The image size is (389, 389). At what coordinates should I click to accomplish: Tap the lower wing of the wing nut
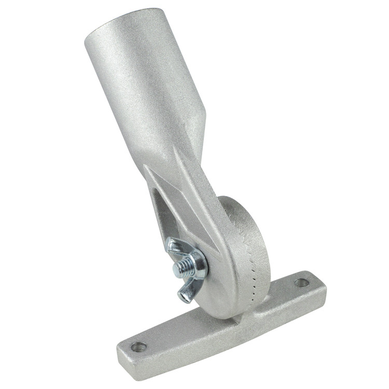pyautogui.click(x=186, y=294)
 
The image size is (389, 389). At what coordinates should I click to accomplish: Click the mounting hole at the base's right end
pyautogui.click(x=301, y=283)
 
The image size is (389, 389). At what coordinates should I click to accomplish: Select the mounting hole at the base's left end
pyautogui.click(x=137, y=346)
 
